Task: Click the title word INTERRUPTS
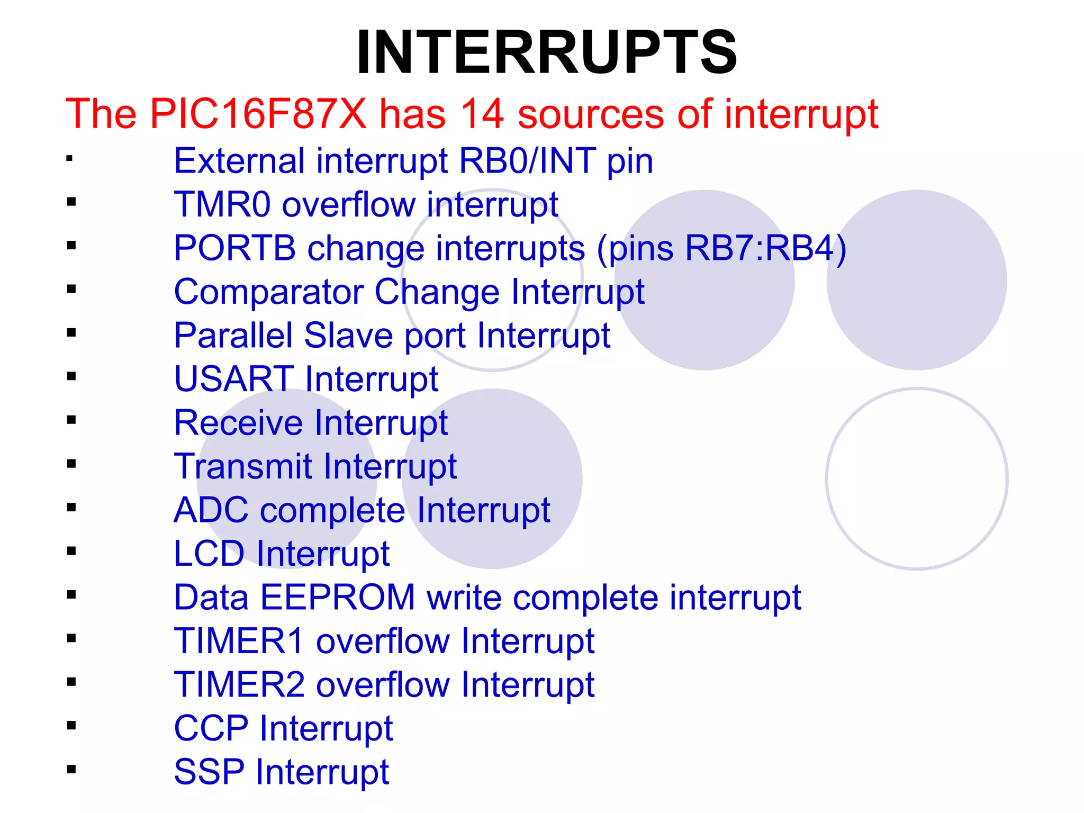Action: [547, 52]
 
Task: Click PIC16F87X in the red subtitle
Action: [258, 114]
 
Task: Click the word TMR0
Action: [222, 205]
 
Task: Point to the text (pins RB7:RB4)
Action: [721, 248]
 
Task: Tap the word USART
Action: [234, 379]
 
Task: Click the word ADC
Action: [211, 510]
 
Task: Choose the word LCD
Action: [209, 554]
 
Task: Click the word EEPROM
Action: [338, 598]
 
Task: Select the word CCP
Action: [211, 728]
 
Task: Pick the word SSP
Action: [209, 772]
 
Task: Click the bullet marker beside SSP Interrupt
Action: [71, 769]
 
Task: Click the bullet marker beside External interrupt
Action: [69, 158]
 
